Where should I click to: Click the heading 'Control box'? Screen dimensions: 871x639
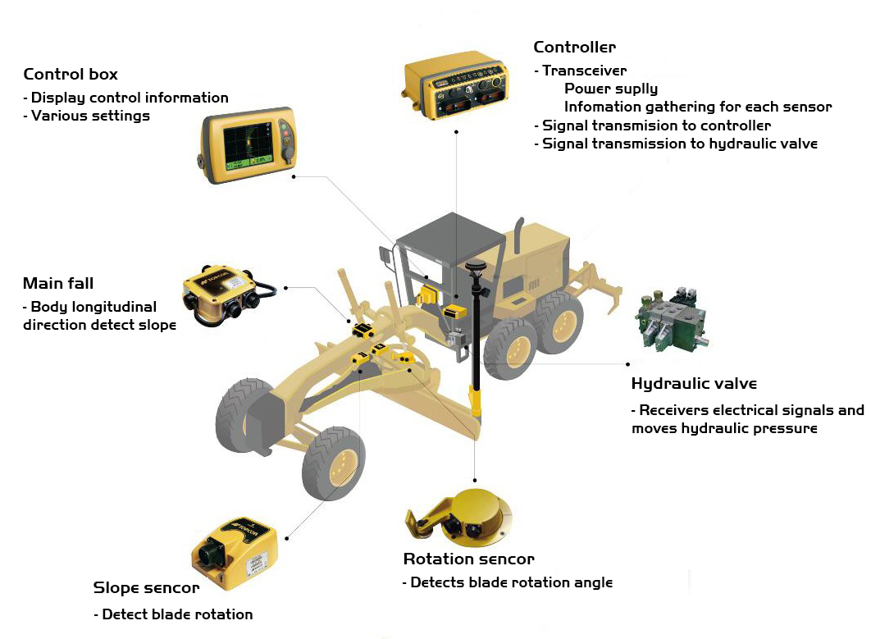click(71, 74)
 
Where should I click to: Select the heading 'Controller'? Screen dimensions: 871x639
click(574, 48)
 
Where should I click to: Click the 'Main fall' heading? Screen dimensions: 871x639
click(58, 283)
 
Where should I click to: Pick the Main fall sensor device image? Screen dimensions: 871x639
click(228, 294)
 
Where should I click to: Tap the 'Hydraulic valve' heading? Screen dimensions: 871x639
click(695, 383)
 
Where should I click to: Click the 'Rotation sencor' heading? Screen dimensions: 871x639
click(469, 559)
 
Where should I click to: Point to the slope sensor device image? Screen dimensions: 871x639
click(235, 554)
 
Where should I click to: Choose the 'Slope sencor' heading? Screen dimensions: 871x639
click(146, 588)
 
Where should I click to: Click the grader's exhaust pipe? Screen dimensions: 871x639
click(518, 235)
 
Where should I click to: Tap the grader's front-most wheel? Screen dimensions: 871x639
click(244, 415)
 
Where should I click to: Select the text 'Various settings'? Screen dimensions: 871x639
click(90, 116)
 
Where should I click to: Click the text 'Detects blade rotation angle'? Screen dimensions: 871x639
click(512, 582)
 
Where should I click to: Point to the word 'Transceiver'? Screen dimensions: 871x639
click(585, 71)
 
